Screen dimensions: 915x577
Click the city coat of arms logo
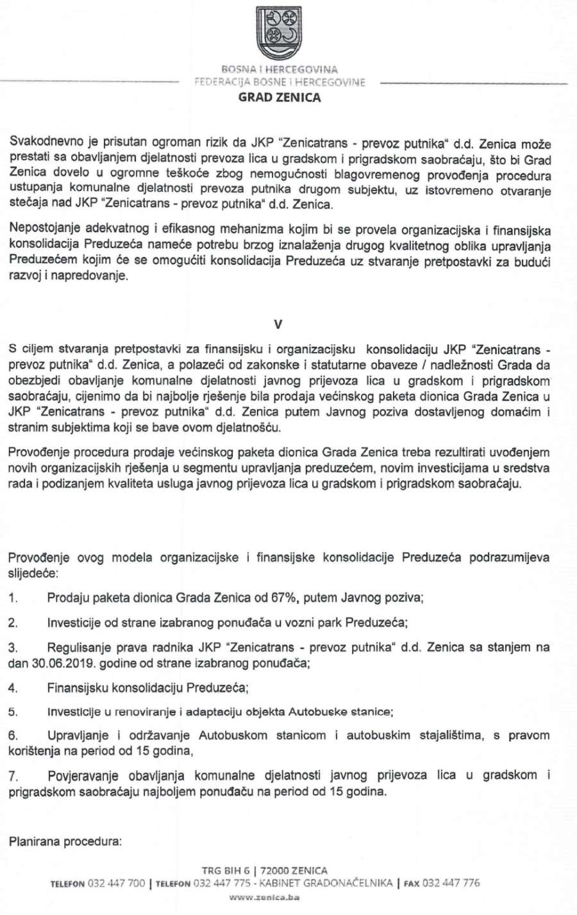279,32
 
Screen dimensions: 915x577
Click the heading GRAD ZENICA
280,98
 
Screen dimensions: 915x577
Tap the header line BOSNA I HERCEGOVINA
280,69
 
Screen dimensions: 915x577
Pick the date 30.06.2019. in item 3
59,663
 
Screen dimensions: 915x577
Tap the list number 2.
13,623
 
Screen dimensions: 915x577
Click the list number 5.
13,712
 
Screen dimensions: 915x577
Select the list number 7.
13,776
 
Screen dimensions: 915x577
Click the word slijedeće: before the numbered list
33,571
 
